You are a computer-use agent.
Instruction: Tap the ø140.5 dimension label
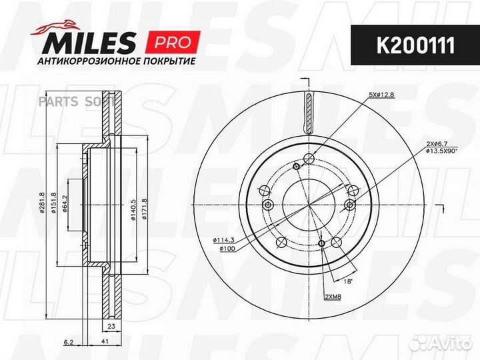click(x=133, y=209)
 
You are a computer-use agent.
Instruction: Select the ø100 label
click(x=227, y=249)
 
